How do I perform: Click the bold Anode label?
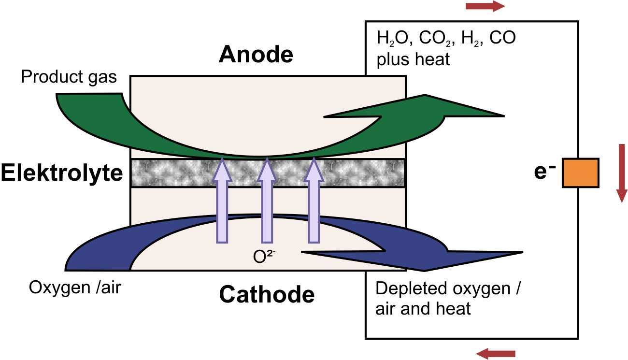tap(256, 54)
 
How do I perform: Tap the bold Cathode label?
tap(267, 294)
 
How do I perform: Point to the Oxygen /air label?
tap(75, 288)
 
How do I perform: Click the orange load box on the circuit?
tap(581, 173)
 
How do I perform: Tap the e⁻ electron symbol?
tap(545, 172)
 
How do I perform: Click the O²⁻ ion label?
tap(264, 256)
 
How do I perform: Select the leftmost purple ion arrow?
tap(222, 200)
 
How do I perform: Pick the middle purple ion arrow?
tap(267, 200)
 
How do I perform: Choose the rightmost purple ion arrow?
tap(314, 200)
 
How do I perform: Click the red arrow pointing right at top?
tap(485, 6)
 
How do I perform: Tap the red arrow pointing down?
tap(622, 173)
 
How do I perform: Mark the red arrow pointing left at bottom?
tap(496, 354)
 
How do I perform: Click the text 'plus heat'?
tap(413, 60)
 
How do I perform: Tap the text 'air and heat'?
tap(423, 308)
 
